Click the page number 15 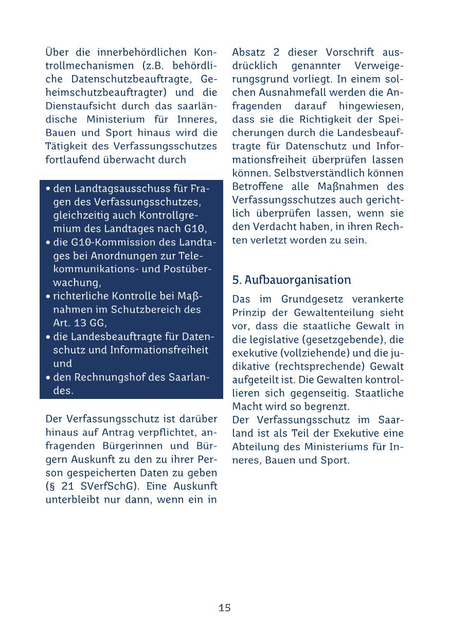[225, 608]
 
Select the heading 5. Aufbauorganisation [292, 280]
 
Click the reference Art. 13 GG [80, 323]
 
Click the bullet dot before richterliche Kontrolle [48, 297]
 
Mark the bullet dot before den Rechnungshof [48, 377]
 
